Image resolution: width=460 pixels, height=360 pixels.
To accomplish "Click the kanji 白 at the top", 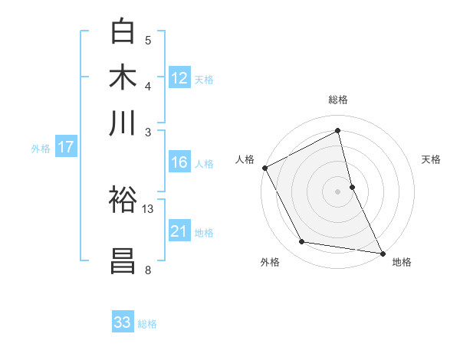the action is [x=123, y=31].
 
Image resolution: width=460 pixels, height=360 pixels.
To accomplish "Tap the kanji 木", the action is [x=123, y=77].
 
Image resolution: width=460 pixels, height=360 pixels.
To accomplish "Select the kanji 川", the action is [x=123, y=123].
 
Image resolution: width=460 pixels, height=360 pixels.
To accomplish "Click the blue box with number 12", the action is [x=179, y=77].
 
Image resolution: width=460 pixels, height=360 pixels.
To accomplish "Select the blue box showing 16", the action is [x=179, y=162].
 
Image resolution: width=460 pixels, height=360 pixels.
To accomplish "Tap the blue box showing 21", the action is [x=179, y=231].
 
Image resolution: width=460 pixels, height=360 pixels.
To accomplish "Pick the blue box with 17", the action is [x=66, y=147].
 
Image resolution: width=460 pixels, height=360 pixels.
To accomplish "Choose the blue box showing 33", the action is [x=123, y=322].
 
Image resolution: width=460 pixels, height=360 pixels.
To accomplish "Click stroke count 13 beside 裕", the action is [x=148, y=208].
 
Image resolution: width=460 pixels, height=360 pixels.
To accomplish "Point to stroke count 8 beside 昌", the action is [x=148, y=270].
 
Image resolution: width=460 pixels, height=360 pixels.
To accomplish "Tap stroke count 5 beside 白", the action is [x=148, y=40].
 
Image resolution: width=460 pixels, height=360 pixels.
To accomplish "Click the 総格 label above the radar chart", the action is [x=338, y=100].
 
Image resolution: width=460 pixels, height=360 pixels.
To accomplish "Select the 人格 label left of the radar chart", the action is [x=245, y=159].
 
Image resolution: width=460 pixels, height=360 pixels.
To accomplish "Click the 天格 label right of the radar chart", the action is [x=432, y=159].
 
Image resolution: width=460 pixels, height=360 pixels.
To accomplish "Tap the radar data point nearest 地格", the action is [x=382, y=252].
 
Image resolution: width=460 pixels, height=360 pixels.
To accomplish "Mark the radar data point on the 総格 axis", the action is [x=338, y=131].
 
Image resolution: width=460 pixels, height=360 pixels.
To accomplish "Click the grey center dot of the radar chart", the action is [x=338, y=191].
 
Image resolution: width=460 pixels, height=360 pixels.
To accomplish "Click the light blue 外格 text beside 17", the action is [x=41, y=148].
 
